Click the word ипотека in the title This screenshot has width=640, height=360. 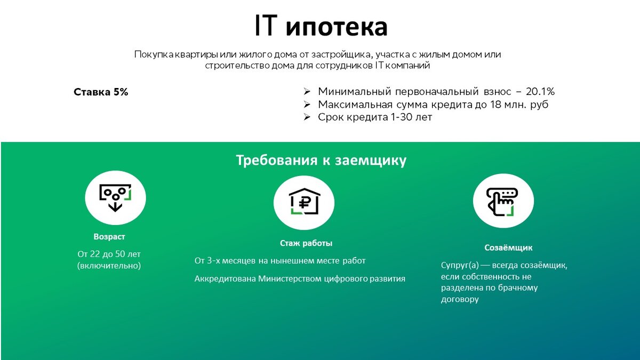coord(337,27)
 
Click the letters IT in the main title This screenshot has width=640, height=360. coord(266,26)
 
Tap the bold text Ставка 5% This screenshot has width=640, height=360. coord(101,92)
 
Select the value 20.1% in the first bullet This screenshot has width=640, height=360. coord(540,91)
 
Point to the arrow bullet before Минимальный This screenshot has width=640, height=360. coord(307,92)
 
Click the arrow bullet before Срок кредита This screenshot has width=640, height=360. coord(307,117)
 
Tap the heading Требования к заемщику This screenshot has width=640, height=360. coord(321,161)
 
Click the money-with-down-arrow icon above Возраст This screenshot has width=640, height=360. coord(115,198)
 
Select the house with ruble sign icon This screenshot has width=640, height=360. coord(305,201)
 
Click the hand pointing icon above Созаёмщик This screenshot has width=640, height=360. coord(502,202)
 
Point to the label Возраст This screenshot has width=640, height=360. coord(109,237)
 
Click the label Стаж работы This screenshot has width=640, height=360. coord(306,243)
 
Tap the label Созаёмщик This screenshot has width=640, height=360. coord(508,247)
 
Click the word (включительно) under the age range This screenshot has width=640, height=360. coord(109,266)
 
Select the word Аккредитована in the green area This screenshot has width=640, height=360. coord(225,278)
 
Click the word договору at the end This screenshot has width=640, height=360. coord(460,299)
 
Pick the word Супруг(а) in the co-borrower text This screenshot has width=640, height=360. coord(460,265)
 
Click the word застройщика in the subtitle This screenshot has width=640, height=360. coord(341,54)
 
